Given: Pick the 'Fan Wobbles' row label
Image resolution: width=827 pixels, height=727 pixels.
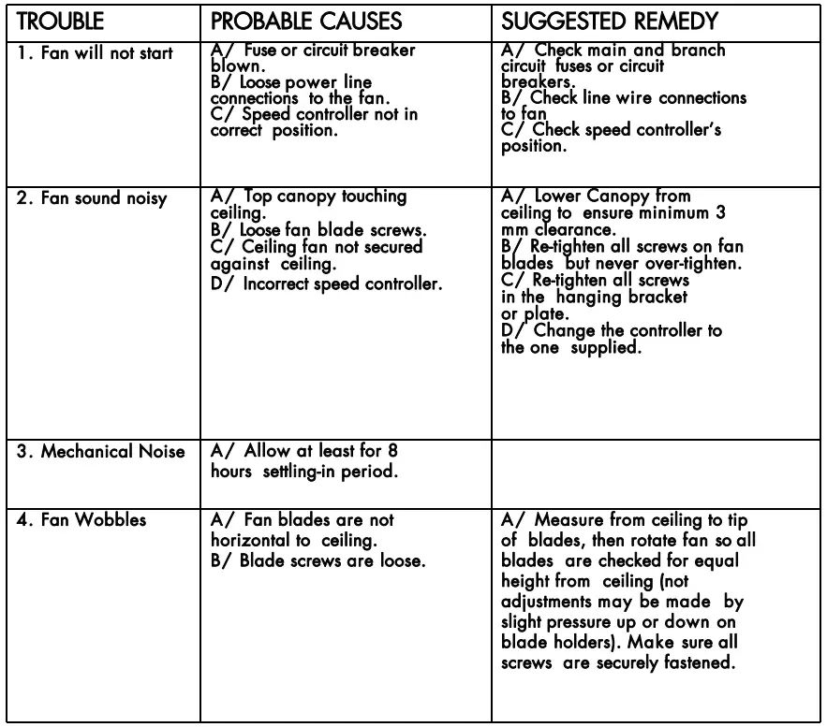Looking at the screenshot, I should point(82,520).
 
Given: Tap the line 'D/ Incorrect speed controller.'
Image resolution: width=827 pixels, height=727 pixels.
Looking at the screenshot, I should point(325,284).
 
